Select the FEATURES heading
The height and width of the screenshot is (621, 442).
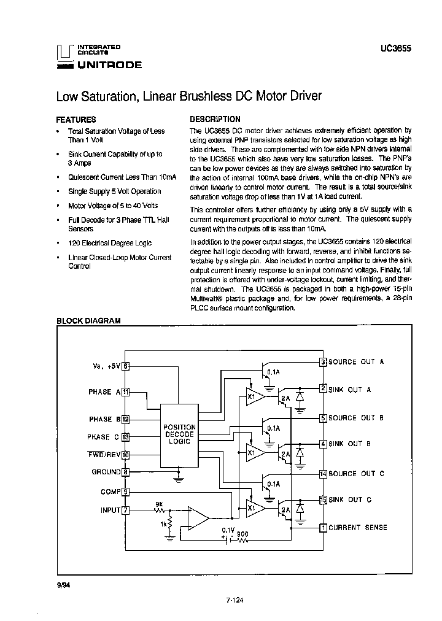pyautogui.click(x=76, y=120)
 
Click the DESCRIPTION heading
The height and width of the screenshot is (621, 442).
pyautogui.click(x=215, y=119)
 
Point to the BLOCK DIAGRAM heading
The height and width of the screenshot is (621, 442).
pyautogui.click(x=88, y=320)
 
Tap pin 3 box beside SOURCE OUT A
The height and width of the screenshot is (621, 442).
pyautogui.click(x=323, y=361)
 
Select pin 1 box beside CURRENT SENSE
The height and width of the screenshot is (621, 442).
pyautogui.click(x=323, y=527)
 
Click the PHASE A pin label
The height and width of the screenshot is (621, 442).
pyautogui.click(x=100, y=391)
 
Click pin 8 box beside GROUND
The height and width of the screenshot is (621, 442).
pyautogui.click(x=125, y=472)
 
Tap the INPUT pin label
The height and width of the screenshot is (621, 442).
pyautogui.click(x=110, y=510)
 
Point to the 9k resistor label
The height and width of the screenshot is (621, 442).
pyautogui.click(x=159, y=504)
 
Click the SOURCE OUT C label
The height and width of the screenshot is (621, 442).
pyautogui.click(x=356, y=473)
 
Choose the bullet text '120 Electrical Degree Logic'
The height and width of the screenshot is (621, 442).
pyautogui.click(x=110, y=243)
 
